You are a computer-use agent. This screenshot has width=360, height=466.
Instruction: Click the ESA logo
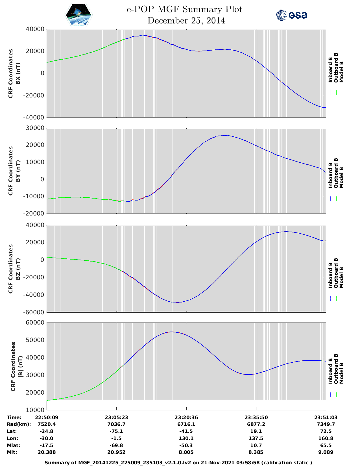click(291, 15)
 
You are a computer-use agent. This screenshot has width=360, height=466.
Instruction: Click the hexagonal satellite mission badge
click(78, 15)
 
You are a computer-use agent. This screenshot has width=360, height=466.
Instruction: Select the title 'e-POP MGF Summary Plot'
click(184, 9)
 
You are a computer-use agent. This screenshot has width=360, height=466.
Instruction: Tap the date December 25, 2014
click(186, 21)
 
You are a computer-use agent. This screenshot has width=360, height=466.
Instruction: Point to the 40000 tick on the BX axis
click(35, 29)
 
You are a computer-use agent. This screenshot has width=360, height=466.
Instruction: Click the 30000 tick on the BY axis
click(35, 128)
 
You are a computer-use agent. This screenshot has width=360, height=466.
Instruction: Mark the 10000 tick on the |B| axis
click(35, 410)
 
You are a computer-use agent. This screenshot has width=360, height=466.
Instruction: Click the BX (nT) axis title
click(18, 73)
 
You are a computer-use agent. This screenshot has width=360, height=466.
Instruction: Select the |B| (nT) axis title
click(20, 367)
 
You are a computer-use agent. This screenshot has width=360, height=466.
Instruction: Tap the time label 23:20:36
click(186, 417)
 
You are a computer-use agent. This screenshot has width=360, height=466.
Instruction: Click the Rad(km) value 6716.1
click(186, 424)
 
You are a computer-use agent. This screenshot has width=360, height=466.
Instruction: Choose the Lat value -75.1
click(116, 431)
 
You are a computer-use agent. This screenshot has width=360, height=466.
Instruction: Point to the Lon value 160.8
click(326, 438)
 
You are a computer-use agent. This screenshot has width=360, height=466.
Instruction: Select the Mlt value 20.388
click(47, 452)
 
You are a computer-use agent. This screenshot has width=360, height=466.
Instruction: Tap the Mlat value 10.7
click(256, 445)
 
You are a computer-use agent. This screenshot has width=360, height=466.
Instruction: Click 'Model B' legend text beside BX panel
click(341, 72)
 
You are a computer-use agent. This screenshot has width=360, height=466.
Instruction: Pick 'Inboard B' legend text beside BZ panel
click(330, 275)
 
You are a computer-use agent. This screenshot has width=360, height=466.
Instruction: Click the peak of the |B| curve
click(171, 332)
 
